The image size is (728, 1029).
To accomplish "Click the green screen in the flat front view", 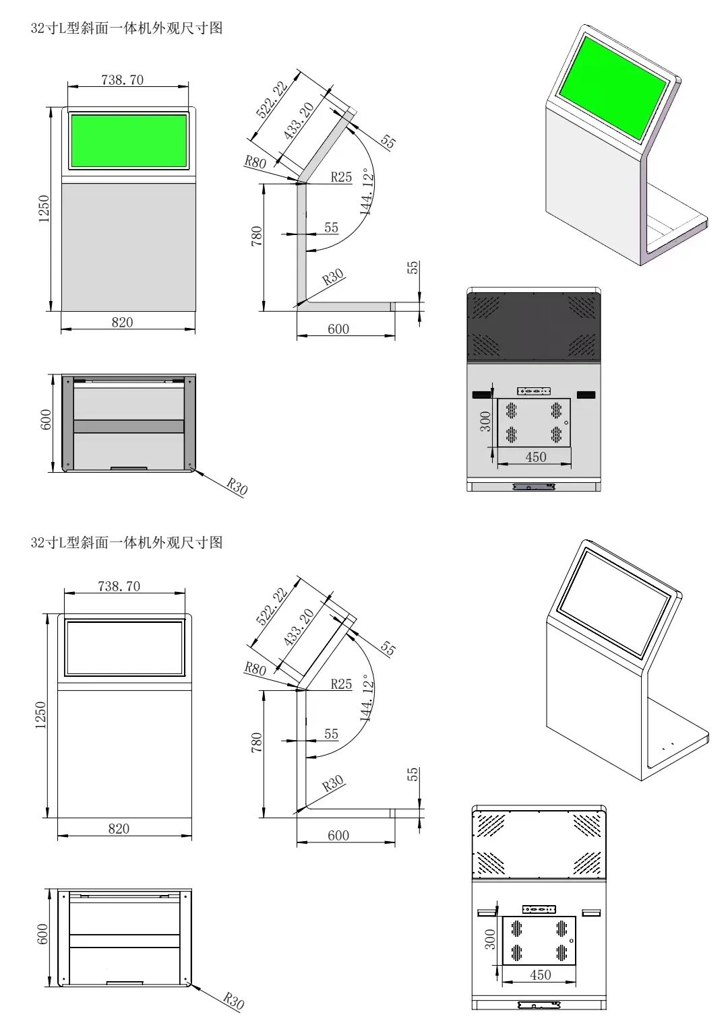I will pos(129,141).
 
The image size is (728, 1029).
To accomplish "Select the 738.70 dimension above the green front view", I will pos(122,79).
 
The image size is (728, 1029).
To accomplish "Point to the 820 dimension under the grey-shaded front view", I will pos(122,323).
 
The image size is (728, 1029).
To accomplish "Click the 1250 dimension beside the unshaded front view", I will pos(40,715).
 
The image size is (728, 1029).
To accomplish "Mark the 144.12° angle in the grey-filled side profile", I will pos(367,191).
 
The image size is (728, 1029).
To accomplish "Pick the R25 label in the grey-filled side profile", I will pos(341,177).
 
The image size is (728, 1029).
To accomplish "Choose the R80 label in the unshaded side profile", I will pos(255,669).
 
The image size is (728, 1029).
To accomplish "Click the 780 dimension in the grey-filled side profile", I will pos(257,236).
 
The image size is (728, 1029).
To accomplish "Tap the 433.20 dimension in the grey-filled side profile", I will pos(299,121).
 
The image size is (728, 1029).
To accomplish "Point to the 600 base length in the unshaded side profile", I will pos(338,836).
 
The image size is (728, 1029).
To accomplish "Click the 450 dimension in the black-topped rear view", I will pos(535,457).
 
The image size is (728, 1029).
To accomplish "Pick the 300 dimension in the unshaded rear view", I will pos(490,939).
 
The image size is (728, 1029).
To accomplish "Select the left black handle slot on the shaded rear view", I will pos(481,394).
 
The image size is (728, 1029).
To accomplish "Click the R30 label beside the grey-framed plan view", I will pos(237,486).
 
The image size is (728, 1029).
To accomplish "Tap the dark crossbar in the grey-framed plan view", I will pos(128,426).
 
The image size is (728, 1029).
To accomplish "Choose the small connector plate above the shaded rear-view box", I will pos(534,391).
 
